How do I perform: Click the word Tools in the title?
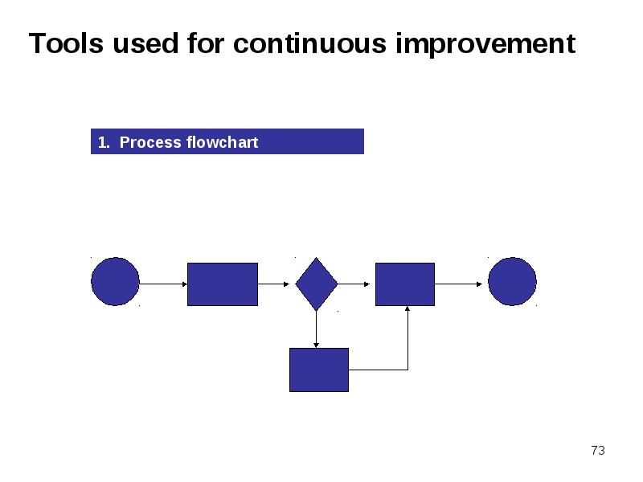[x=66, y=43]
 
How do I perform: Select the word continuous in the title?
[x=309, y=43]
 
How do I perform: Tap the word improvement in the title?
[x=485, y=45]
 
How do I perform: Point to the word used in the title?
[x=145, y=43]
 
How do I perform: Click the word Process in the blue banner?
[x=150, y=142]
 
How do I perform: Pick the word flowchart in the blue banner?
[x=223, y=142]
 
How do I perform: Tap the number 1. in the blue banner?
[x=104, y=143]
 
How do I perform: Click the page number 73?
[x=598, y=451]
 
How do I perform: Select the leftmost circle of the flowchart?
[x=115, y=282]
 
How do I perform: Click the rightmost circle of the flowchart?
[x=512, y=282]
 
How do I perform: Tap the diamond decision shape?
[x=316, y=284]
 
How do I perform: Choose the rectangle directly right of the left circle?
[x=223, y=284]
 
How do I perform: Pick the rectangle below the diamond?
[x=319, y=370]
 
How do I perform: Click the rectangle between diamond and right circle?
[x=405, y=284]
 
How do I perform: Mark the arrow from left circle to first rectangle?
[x=163, y=284]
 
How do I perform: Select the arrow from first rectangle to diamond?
[x=273, y=284]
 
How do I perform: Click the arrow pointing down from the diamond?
[x=316, y=329]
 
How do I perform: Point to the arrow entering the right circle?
[x=458, y=284]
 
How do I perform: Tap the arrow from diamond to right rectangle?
[x=354, y=284]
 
